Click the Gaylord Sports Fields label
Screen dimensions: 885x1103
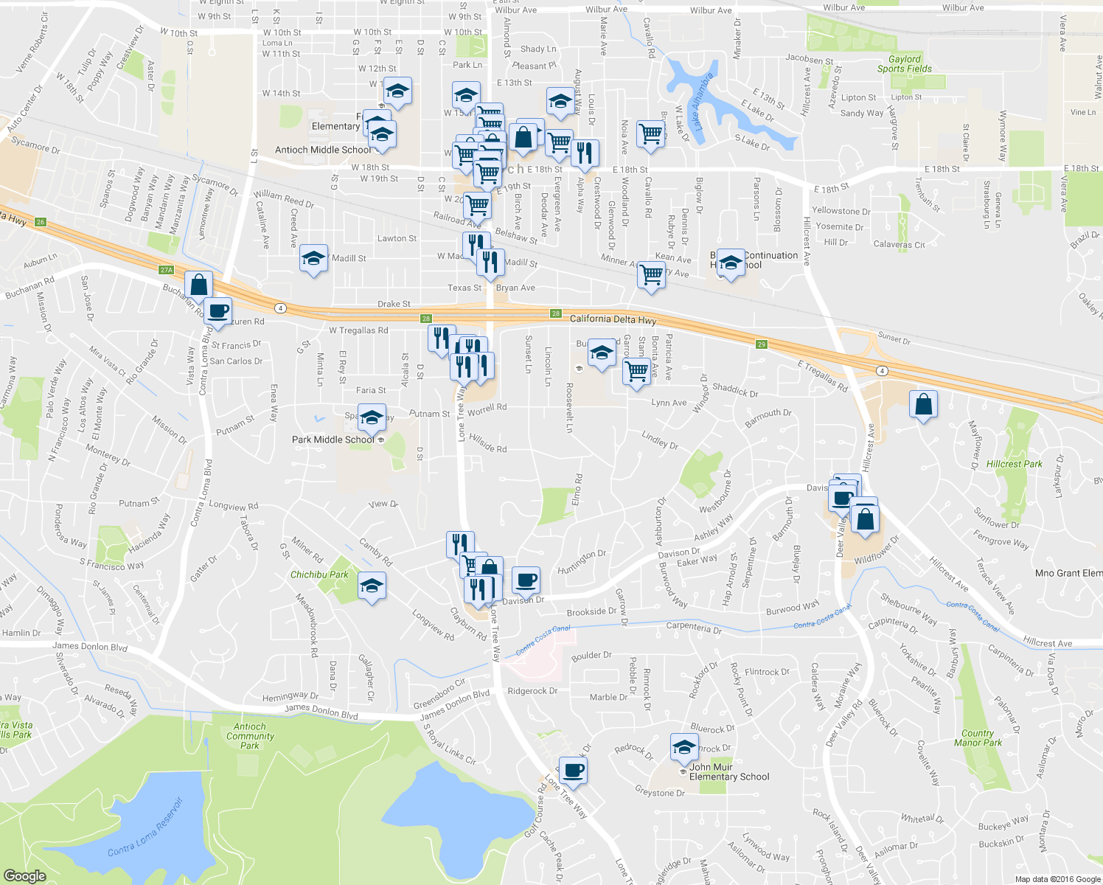pyautogui.click(x=904, y=64)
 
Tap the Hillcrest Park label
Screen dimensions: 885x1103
pyautogui.click(x=1014, y=464)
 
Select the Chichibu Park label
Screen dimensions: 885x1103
pyautogui.click(x=319, y=575)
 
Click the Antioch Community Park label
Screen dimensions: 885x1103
pyautogui.click(x=250, y=736)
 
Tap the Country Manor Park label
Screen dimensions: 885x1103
pyautogui.click(x=978, y=738)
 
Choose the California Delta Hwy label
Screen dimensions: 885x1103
pyautogui.click(x=613, y=319)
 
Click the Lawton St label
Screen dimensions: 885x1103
pyautogui.click(x=397, y=238)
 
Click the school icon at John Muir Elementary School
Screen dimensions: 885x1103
pyautogui.click(x=684, y=748)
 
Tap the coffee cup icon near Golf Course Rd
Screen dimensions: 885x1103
pyautogui.click(x=573, y=771)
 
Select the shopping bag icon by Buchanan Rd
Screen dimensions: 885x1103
pyautogui.click(x=198, y=285)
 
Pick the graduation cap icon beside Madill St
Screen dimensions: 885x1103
pyautogui.click(x=314, y=259)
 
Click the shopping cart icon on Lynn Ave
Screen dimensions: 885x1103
pyautogui.click(x=636, y=370)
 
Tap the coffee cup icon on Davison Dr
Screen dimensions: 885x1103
pyautogui.click(x=526, y=580)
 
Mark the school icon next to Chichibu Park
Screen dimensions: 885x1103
pyautogui.click(x=372, y=586)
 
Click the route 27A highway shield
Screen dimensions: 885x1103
pyautogui.click(x=166, y=270)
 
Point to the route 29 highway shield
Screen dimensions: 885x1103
pyautogui.click(x=762, y=344)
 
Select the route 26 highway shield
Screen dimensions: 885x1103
pyautogui.click(x=41, y=222)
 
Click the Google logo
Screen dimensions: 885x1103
pyautogui.click(x=24, y=875)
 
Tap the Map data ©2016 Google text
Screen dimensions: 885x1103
pyautogui.click(x=1057, y=879)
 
